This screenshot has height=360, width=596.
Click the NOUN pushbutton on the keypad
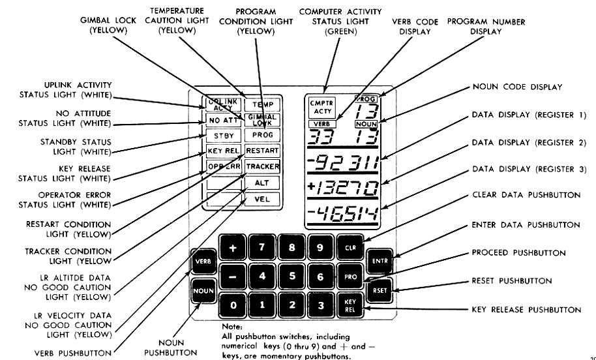200,288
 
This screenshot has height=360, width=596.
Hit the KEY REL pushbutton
348,305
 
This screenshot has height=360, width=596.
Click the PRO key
348,277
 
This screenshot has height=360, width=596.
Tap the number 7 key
262,248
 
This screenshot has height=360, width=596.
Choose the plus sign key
231,248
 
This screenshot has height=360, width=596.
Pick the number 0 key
231,305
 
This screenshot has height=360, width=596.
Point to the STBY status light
222,136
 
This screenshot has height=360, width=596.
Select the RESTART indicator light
262,151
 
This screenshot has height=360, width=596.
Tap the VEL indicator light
262,198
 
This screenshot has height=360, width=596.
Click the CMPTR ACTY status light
321,107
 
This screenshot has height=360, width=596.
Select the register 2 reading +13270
345,186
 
